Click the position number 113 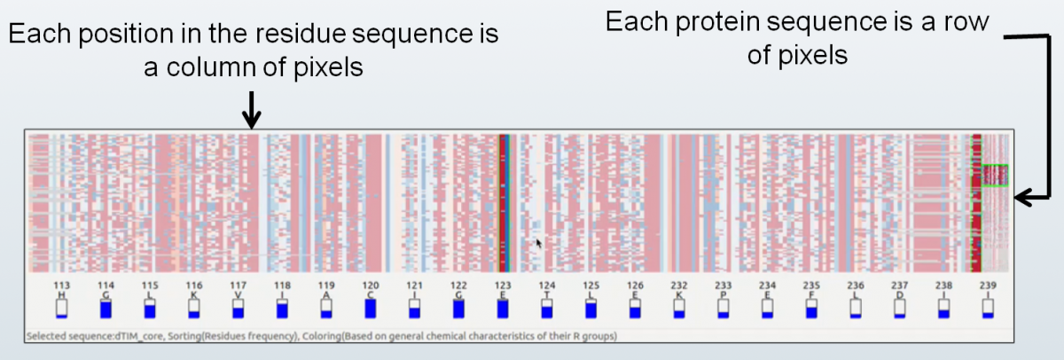tap(61, 285)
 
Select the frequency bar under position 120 tap(371, 308)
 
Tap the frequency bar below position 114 tap(106, 308)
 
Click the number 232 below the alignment tap(679, 285)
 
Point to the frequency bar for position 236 tap(856, 308)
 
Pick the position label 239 tap(988, 285)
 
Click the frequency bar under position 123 tap(503, 308)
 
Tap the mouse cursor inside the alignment tap(538, 242)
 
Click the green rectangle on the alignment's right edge tap(995, 176)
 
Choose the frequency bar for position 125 tap(591, 308)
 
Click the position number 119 tap(326, 285)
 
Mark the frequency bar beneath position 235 tap(811, 308)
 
